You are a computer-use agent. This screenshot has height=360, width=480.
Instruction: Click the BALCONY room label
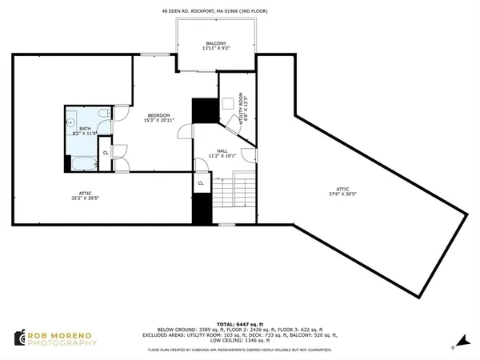point(216,43)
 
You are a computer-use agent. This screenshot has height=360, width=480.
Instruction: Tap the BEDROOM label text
point(158,115)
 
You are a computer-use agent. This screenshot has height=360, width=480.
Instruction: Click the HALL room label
point(222,150)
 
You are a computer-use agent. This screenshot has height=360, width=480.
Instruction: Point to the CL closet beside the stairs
point(201,182)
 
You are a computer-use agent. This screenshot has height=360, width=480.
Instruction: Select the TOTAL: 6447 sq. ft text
point(239,319)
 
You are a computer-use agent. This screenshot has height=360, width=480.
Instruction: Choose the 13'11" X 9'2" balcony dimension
point(216,49)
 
